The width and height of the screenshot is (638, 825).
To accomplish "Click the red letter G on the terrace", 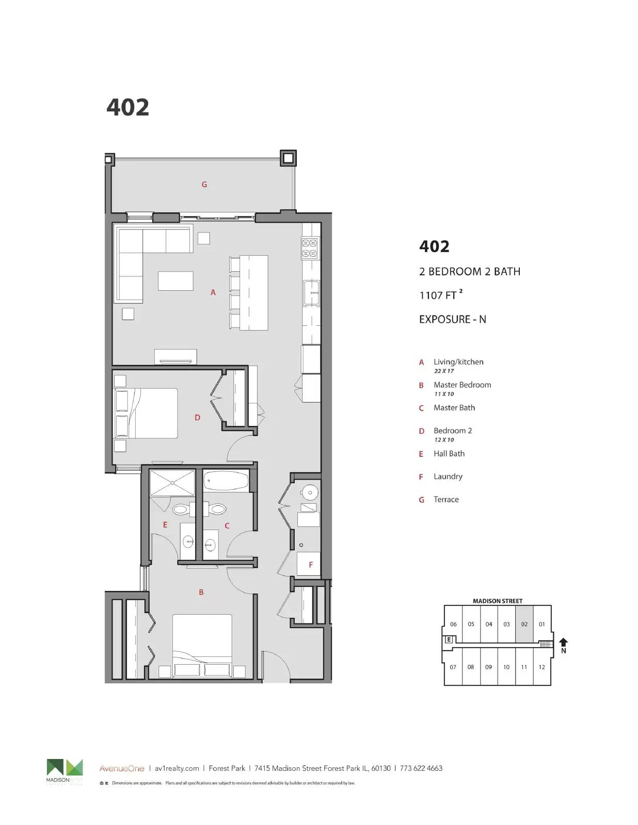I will (x=204, y=185).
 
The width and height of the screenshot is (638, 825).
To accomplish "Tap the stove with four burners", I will (x=310, y=247).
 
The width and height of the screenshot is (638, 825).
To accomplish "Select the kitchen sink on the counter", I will (x=311, y=293).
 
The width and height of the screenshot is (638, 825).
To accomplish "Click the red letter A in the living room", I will (x=213, y=292).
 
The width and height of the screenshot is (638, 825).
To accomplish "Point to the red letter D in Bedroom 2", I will (x=197, y=418).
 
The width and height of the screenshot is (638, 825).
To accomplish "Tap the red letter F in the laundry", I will (x=311, y=565).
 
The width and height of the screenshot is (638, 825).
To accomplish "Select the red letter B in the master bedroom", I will (x=201, y=592).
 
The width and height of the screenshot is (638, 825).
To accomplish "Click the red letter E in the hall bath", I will (x=165, y=525).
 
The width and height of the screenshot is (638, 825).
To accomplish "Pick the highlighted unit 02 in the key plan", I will (x=524, y=624).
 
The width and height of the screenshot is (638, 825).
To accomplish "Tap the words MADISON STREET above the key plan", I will (x=498, y=601).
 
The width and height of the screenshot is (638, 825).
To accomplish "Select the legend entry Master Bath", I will (x=454, y=408).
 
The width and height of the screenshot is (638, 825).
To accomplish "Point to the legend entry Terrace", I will (x=446, y=500).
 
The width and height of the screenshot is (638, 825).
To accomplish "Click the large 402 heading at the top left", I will (x=127, y=107).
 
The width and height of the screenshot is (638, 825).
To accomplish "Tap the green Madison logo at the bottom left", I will (x=65, y=767).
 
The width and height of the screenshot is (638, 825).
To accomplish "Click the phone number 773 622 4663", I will (x=421, y=768).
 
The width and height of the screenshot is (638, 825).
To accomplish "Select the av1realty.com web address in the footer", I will (x=177, y=768).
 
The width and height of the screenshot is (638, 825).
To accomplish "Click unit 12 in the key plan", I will (x=541, y=667).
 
